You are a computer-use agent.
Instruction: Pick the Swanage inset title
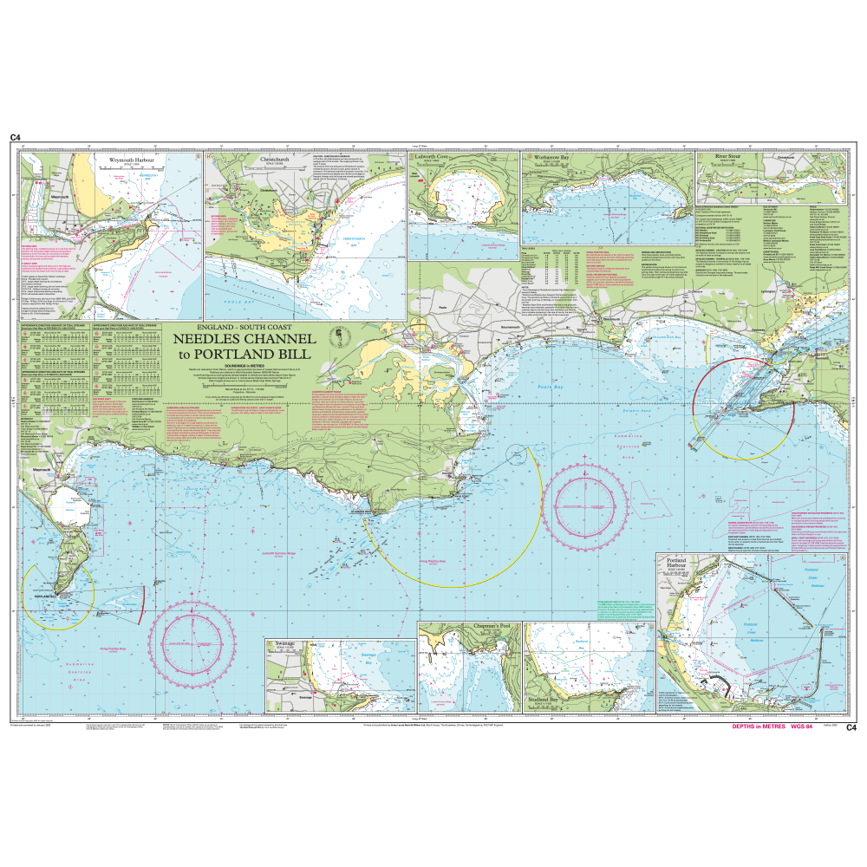286,645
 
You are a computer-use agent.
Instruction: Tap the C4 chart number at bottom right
851,727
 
